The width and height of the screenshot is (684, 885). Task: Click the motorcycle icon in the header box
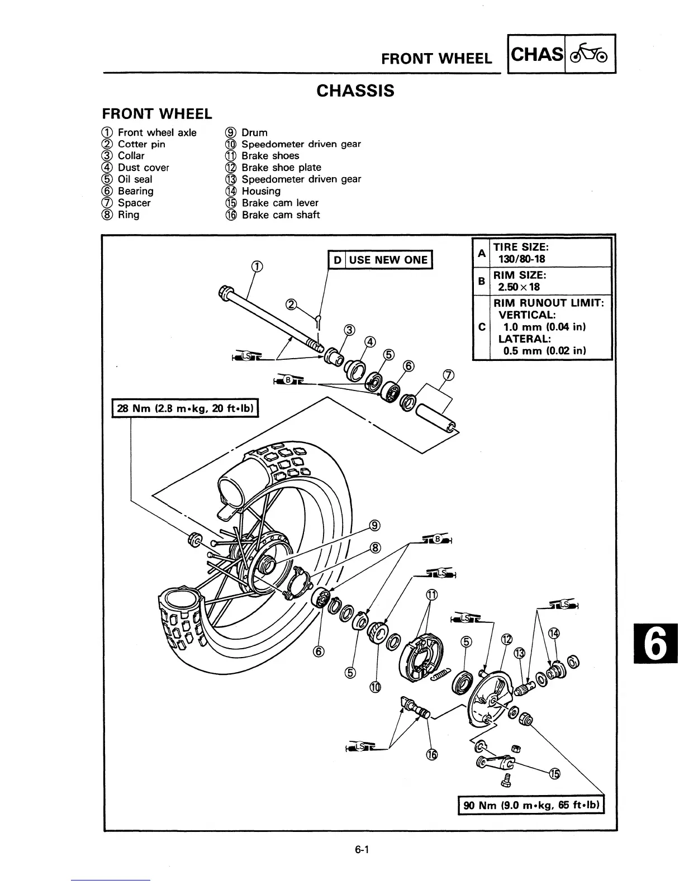coord(590,54)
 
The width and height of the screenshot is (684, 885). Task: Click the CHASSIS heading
coord(355,91)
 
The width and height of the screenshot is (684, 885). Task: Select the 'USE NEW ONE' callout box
coord(380,260)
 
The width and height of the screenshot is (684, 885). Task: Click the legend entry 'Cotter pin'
coord(141,144)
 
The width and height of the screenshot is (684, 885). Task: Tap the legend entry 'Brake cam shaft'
coord(281,215)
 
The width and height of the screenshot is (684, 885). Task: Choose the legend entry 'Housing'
coord(261,191)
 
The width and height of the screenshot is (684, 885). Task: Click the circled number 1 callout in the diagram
coord(256,267)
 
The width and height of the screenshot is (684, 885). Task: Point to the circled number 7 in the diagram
coord(449,375)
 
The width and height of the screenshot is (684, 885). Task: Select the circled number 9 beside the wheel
coord(376,525)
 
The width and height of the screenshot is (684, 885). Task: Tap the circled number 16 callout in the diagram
coord(431,755)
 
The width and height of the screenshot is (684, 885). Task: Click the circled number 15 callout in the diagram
coord(554,773)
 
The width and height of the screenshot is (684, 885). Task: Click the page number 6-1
coord(363,850)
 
